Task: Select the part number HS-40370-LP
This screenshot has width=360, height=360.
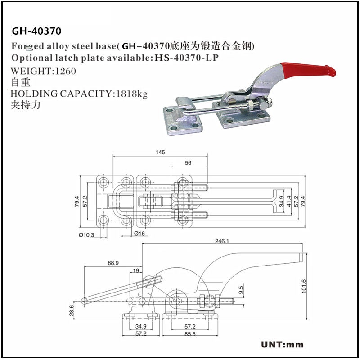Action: pos(187,58)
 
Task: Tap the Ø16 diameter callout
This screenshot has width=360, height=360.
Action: pos(139,234)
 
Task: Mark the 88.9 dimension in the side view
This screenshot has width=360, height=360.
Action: pos(113,263)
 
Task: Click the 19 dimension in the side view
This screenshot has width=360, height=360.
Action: pos(136,270)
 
